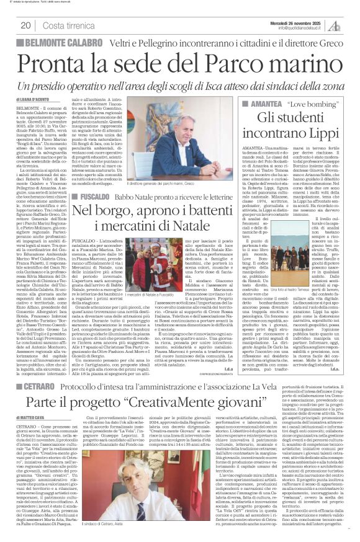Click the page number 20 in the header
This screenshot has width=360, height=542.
[x=25, y=25]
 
